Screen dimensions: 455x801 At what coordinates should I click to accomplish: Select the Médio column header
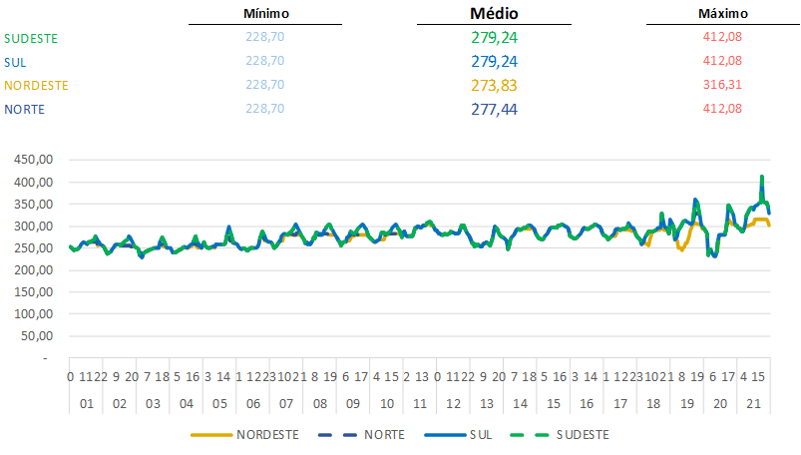(x=494, y=14)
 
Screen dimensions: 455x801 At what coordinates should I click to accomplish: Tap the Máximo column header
(x=722, y=14)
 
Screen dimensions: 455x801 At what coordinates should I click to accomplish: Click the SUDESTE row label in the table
(x=31, y=38)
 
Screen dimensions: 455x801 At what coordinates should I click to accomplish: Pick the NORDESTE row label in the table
(x=37, y=85)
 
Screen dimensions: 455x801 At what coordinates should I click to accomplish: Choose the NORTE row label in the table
(x=25, y=109)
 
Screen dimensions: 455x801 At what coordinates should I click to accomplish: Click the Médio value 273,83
(x=494, y=85)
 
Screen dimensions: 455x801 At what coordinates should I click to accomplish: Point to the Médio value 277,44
(x=494, y=109)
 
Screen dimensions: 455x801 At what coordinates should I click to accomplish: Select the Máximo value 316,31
(x=722, y=85)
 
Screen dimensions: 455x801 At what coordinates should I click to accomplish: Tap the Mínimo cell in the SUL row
(x=264, y=61)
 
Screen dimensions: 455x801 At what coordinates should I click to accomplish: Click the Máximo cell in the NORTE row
(x=722, y=109)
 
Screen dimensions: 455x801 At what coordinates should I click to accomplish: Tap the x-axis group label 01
(x=86, y=404)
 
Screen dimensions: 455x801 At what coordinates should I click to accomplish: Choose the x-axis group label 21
(x=754, y=404)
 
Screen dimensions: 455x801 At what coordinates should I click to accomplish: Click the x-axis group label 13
(x=487, y=404)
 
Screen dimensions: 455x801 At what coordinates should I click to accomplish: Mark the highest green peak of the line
(x=762, y=177)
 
